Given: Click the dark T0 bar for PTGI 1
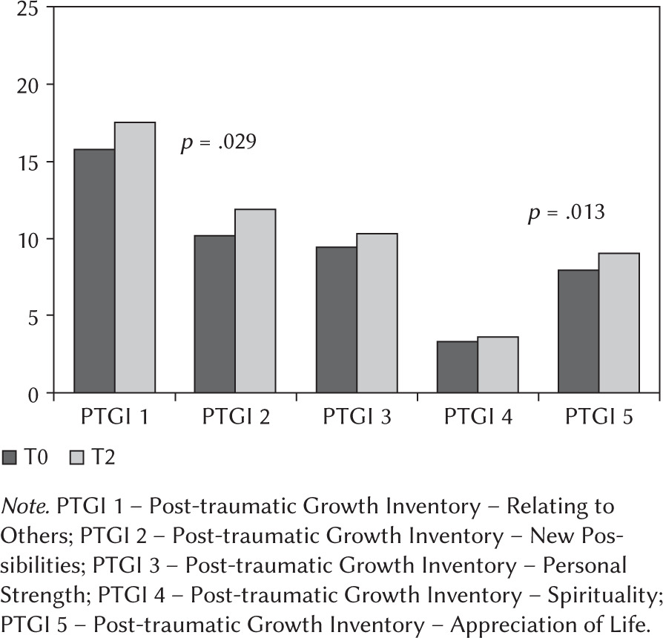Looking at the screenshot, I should (94, 271).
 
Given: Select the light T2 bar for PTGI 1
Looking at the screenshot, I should (134, 257).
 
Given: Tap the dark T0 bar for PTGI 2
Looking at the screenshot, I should (215, 314).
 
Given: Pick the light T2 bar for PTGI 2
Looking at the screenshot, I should (255, 300).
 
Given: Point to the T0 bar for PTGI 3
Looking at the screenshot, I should (336, 320).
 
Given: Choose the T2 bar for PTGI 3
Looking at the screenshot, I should (377, 313).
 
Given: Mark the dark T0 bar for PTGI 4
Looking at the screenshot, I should (458, 366).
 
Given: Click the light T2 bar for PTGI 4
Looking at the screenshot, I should (498, 364).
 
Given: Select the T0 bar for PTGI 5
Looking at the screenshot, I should (578, 331).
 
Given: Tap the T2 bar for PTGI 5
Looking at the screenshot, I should (619, 323).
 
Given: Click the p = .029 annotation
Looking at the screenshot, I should (219, 142).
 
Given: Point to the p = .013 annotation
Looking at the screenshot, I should (566, 214).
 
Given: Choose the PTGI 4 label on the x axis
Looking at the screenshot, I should (478, 417).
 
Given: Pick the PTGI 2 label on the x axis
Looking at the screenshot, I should (235, 417).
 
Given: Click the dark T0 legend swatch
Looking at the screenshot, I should (10, 458).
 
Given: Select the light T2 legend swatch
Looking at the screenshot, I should (76, 458).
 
